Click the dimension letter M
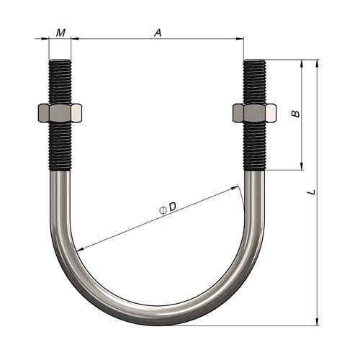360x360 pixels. (60, 32)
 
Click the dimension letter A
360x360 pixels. (157, 32)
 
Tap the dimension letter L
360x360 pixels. (310, 192)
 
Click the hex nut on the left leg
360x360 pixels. (60, 113)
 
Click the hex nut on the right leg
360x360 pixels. (254, 113)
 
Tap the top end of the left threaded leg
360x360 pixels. (60, 62)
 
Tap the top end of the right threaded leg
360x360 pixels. (254, 62)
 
